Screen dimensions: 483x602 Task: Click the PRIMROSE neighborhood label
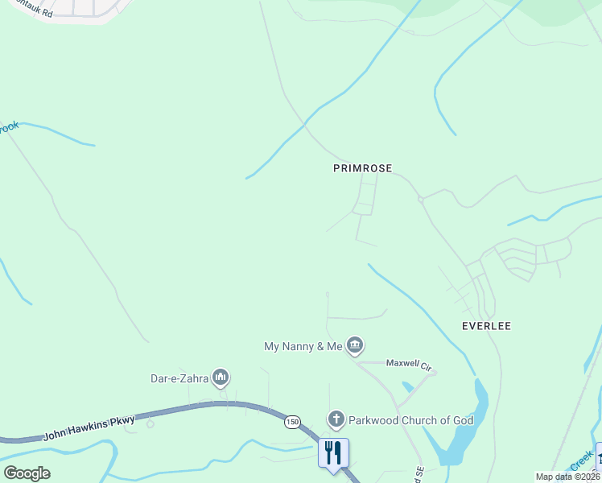pyautogui.click(x=362, y=168)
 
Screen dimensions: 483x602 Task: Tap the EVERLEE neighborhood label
pyautogui.click(x=486, y=326)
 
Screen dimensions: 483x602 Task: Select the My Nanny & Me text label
pyautogui.click(x=303, y=346)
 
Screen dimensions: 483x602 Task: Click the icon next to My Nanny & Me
pyautogui.click(x=355, y=346)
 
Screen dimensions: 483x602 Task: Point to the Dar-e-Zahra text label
pyautogui.click(x=179, y=378)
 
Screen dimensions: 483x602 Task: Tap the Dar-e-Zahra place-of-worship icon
pyautogui.click(x=221, y=378)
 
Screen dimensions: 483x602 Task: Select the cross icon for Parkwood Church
pyautogui.click(x=336, y=419)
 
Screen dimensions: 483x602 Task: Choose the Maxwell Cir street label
pyautogui.click(x=410, y=364)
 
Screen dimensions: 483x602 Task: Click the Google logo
pyautogui.click(x=27, y=473)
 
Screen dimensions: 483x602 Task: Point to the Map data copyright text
pyautogui.click(x=567, y=477)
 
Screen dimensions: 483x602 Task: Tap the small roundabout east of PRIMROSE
pyautogui.click(x=420, y=199)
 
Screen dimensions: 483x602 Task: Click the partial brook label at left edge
pyautogui.click(x=9, y=128)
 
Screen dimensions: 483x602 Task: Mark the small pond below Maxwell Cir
pyautogui.click(x=406, y=387)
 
